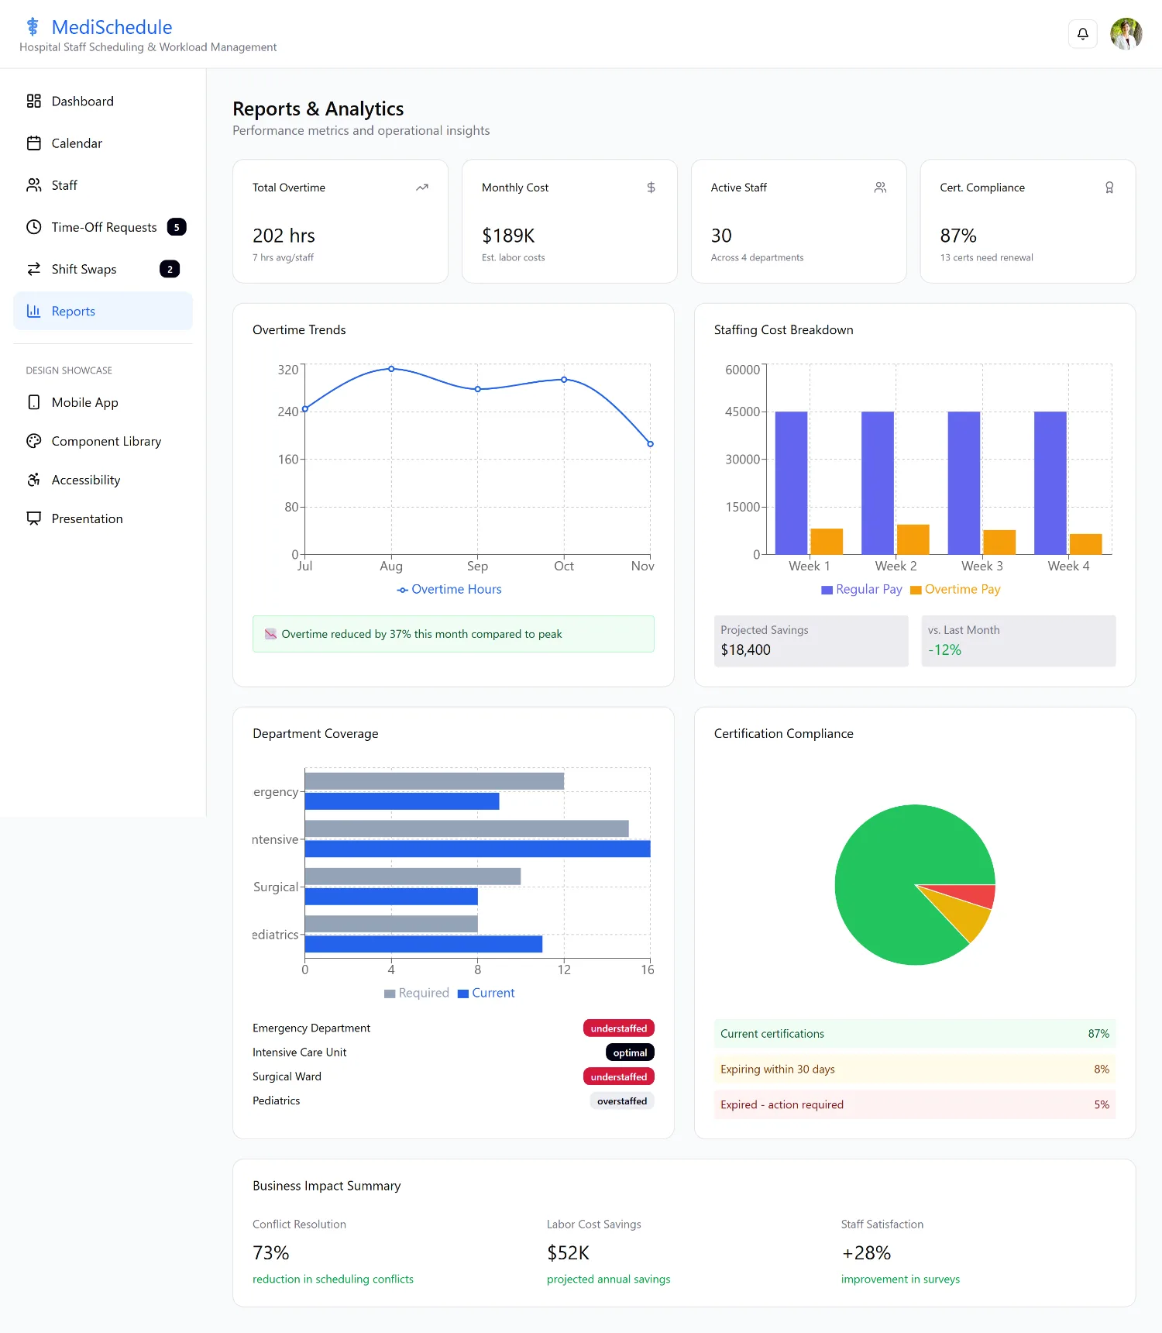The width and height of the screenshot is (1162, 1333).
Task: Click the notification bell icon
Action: coord(1083,34)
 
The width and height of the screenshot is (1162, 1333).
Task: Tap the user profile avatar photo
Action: coord(1126,34)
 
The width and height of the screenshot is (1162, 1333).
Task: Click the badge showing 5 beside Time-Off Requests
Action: coord(177,227)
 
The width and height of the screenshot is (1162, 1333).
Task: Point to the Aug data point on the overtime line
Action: coord(391,369)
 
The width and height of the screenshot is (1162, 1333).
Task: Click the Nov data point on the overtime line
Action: coord(650,444)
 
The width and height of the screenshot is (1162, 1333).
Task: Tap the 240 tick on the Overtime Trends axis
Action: coord(287,412)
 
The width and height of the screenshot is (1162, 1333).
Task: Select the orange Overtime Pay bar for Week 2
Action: coord(913,539)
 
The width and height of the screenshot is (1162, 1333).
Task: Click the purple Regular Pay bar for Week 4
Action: coord(1050,483)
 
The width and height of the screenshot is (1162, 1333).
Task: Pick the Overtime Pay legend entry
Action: coord(955,590)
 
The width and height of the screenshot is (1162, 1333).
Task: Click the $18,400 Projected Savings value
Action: coord(745,650)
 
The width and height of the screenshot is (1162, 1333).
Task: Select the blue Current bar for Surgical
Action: coord(391,897)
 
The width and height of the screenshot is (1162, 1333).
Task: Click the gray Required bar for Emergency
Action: coord(435,781)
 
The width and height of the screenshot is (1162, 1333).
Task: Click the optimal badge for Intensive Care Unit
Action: coord(630,1052)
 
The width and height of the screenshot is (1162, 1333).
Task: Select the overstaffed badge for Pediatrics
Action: coord(622,1101)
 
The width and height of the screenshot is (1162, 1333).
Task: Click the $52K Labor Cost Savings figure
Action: coord(568,1253)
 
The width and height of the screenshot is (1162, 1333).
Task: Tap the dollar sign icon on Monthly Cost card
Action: coord(651,188)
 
